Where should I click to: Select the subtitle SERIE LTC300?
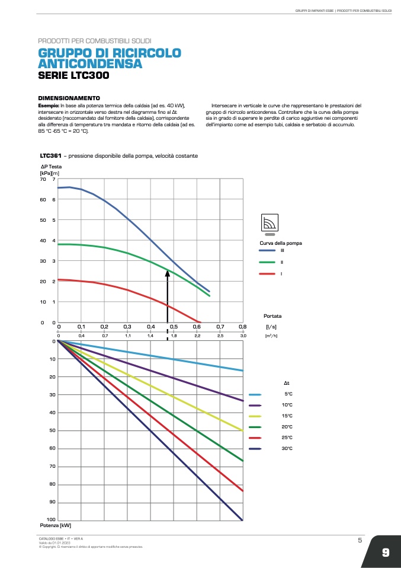pyautogui.click(x=73, y=75)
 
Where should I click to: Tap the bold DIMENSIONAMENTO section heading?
pyautogui.click(x=69, y=97)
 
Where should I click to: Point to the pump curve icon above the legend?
pyautogui.click(x=270, y=222)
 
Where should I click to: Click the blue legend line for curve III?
pyautogui.click(x=267, y=250)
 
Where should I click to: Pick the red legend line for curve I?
pyautogui.click(x=267, y=273)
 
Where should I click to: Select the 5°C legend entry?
pyautogui.click(x=288, y=394)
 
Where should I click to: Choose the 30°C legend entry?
pyautogui.click(x=287, y=449)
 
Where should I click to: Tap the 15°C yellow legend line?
pyautogui.click(x=256, y=416)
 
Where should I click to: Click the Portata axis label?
pyautogui.click(x=272, y=316)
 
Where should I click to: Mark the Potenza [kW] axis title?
pyautogui.click(x=56, y=526)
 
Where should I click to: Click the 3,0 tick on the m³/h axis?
pyautogui.click(x=243, y=336)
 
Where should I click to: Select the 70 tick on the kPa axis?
pyautogui.click(x=42, y=178)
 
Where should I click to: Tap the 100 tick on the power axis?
pyautogui.click(x=51, y=520)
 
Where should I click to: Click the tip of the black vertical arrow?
pyautogui.click(x=168, y=272)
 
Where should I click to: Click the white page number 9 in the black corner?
pyautogui.click(x=385, y=553)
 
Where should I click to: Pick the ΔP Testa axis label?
pyautogui.click(x=51, y=167)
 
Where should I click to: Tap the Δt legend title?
pyautogui.click(x=287, y=382)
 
